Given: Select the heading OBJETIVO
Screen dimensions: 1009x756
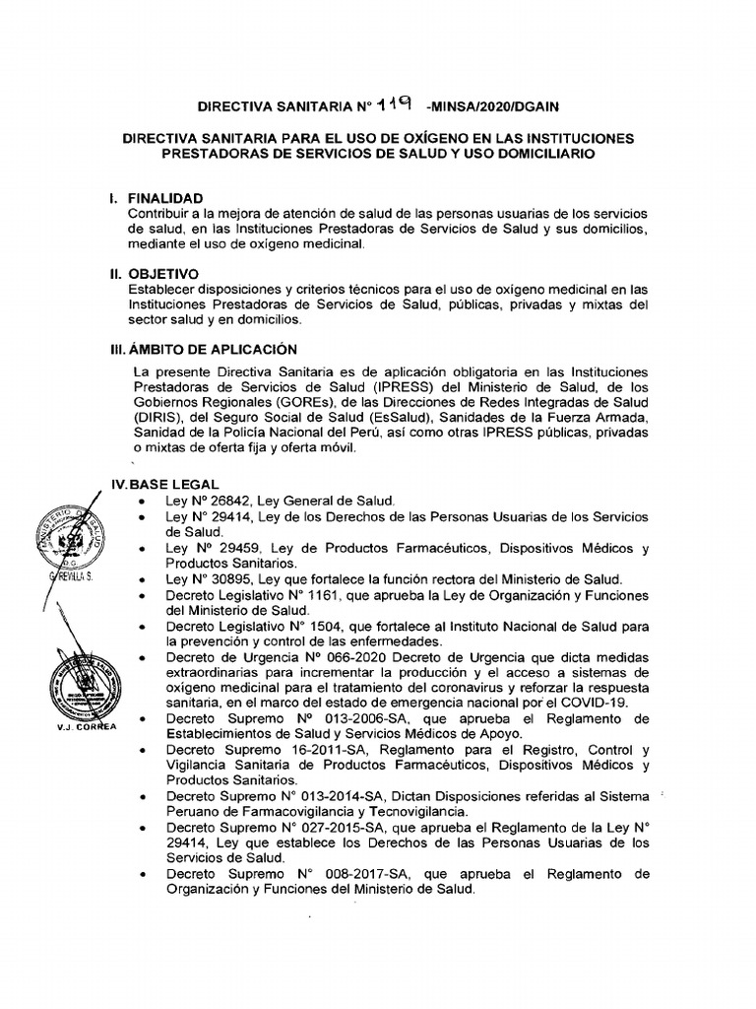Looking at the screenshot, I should pos(162,273).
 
